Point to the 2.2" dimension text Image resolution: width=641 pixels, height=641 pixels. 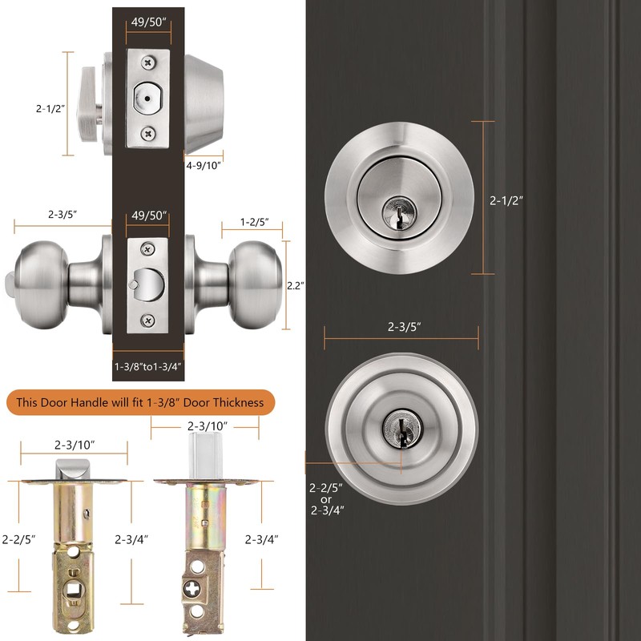(296, 284)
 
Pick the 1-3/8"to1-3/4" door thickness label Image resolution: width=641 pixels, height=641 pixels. (148, 366)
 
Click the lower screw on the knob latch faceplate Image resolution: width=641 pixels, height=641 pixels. (147, 320)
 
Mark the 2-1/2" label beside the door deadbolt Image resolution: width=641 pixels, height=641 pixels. (506, 201)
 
